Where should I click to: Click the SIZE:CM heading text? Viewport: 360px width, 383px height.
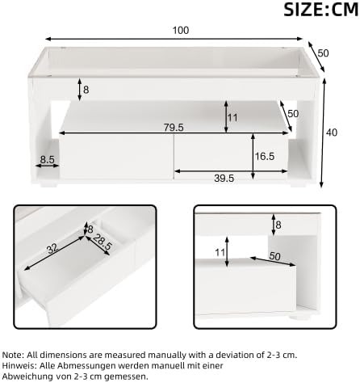(x=321, y=10)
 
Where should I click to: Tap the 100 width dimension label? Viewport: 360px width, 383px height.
(x=181, y=30)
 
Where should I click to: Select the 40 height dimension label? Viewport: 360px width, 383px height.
(x=332, y=133)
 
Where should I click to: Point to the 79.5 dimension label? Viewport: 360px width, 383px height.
(x=174, y=127)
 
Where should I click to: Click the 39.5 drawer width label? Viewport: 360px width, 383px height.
(x=224, y=178)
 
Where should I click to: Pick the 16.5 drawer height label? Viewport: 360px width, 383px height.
(x=265, y=156)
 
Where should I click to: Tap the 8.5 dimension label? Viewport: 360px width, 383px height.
(x=48, y=160)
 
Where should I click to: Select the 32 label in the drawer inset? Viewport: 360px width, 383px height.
(x=52, y=250)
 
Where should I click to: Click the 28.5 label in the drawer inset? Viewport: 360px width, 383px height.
(x=103, y=242)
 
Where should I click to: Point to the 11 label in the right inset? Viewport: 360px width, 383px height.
(x=220, y=252)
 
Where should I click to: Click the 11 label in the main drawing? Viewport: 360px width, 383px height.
(x=232, y=118)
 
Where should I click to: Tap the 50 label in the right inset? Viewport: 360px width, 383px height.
(x=274, y=256)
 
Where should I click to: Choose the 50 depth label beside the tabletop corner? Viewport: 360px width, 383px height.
(x=323, y=53)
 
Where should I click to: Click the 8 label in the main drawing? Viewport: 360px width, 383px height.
(x=86, y=90)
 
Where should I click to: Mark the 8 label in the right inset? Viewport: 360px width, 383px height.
(x=278, y=225)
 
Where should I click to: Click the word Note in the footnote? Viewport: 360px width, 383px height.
(x=13, y=355)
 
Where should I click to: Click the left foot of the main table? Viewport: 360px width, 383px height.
(x=48, y=185)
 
